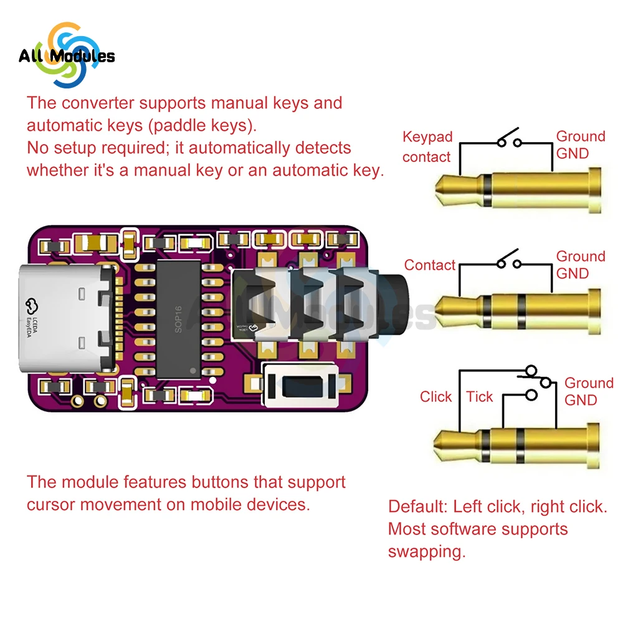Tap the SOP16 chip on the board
(179, 318)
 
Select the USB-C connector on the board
(69, 318)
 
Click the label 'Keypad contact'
(427, 147)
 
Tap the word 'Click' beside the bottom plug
(435, 397)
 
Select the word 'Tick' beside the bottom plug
(479, 397)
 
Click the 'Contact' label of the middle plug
(430, 265)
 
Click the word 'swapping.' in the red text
(427, 552)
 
